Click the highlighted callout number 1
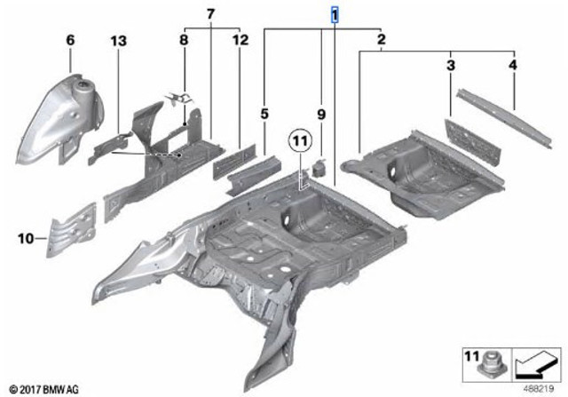(x=335, y=16)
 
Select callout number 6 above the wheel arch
(x=70, y=40)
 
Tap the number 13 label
(x=118, y=41)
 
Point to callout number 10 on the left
(x=26, y=239)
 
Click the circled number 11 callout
(x=301, y=140)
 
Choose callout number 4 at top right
(x=513, y=65)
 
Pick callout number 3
(x=450, y=66)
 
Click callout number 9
(x=321, y=115)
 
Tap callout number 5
(x=264, y=114)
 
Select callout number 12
(x=241, y=40)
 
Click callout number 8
(x=184, y=40)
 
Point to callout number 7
(x=210, y=14)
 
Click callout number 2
(x=381, y=39)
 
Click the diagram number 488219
(x=538, y=389)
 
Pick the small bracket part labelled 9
(x=319, y=167)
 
